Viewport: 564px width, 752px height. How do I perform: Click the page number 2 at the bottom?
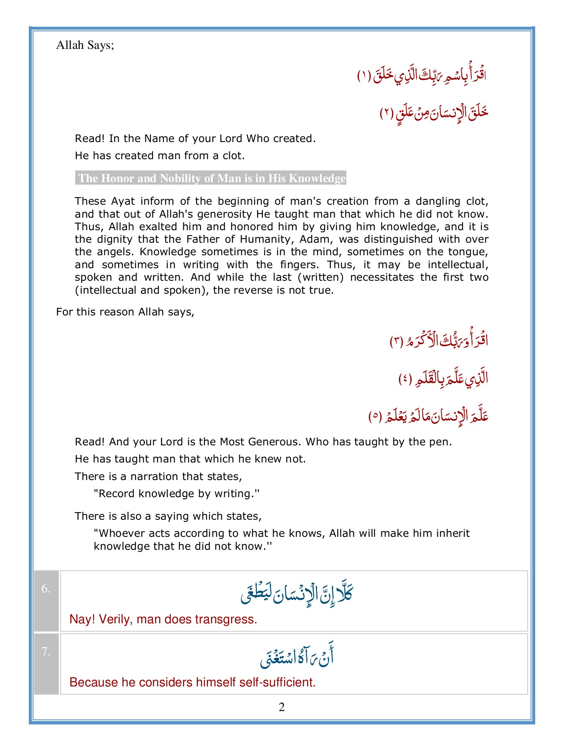click(x=282, y=707)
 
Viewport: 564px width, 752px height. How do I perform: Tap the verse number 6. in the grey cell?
click(x=46, y=589)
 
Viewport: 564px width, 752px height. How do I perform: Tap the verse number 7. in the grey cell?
click(x=46, y=652)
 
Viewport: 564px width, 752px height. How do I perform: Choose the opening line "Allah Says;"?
click(x=85, y=45)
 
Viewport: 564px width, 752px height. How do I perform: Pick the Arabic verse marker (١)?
click(x=364, y=76)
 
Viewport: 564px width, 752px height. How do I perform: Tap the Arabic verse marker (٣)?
click(x=396, y=341)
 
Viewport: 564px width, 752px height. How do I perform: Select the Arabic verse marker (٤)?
click(x=405, y=379)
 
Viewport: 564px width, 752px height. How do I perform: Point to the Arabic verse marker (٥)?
click(x=375, y=417)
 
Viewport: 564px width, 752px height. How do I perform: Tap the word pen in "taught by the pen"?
click(x=441, y=442)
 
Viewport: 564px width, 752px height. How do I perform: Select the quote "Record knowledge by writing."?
click(x=177, y=494)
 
